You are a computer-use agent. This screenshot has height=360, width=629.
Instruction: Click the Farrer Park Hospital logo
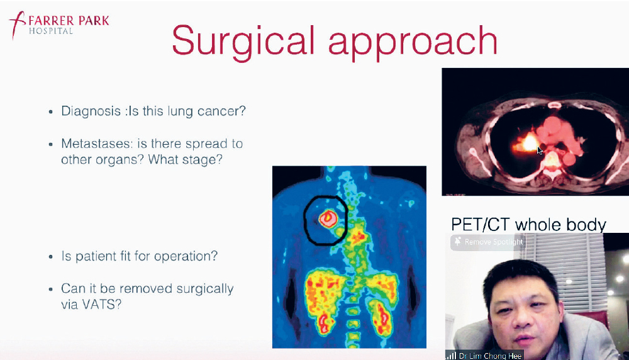[59, 25]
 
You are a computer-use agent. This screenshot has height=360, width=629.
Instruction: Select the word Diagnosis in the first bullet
[91, 111]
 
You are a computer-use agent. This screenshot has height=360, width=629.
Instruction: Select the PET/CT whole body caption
[528, 225]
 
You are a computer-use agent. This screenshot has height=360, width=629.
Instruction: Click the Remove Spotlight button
[488, 242]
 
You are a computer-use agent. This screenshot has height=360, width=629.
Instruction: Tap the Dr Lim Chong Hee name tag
[484, 356]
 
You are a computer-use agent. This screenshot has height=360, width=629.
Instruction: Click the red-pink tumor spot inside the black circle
[328, 219]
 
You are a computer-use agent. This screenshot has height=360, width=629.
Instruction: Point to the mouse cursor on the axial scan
[540, 151]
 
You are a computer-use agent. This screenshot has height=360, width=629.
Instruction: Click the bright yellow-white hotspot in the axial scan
[530, 142]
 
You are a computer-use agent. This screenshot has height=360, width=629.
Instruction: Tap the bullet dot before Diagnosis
[50, 112]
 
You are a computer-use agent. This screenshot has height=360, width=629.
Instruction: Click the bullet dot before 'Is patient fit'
[50, 257]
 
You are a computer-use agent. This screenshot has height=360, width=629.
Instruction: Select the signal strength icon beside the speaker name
[451, 356]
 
